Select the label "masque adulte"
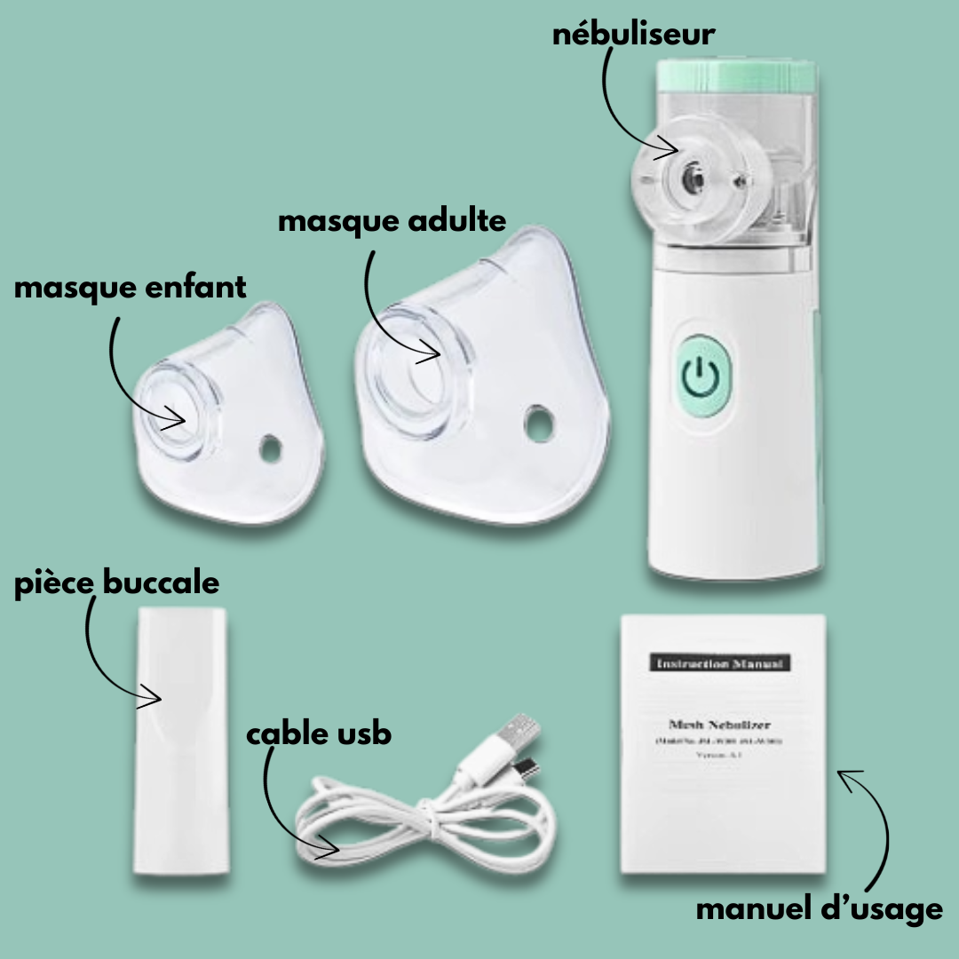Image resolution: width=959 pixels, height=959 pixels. [x=392, y=221]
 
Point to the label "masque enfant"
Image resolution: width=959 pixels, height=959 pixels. [x=130, y=288]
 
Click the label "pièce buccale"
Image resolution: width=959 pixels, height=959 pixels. [x=116, y=583]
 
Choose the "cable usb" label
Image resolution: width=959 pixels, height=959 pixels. [x=318, y=735]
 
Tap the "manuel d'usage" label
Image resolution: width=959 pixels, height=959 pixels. [x=818, y=909]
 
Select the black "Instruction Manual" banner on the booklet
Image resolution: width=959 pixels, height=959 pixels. [x=721, y=663]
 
